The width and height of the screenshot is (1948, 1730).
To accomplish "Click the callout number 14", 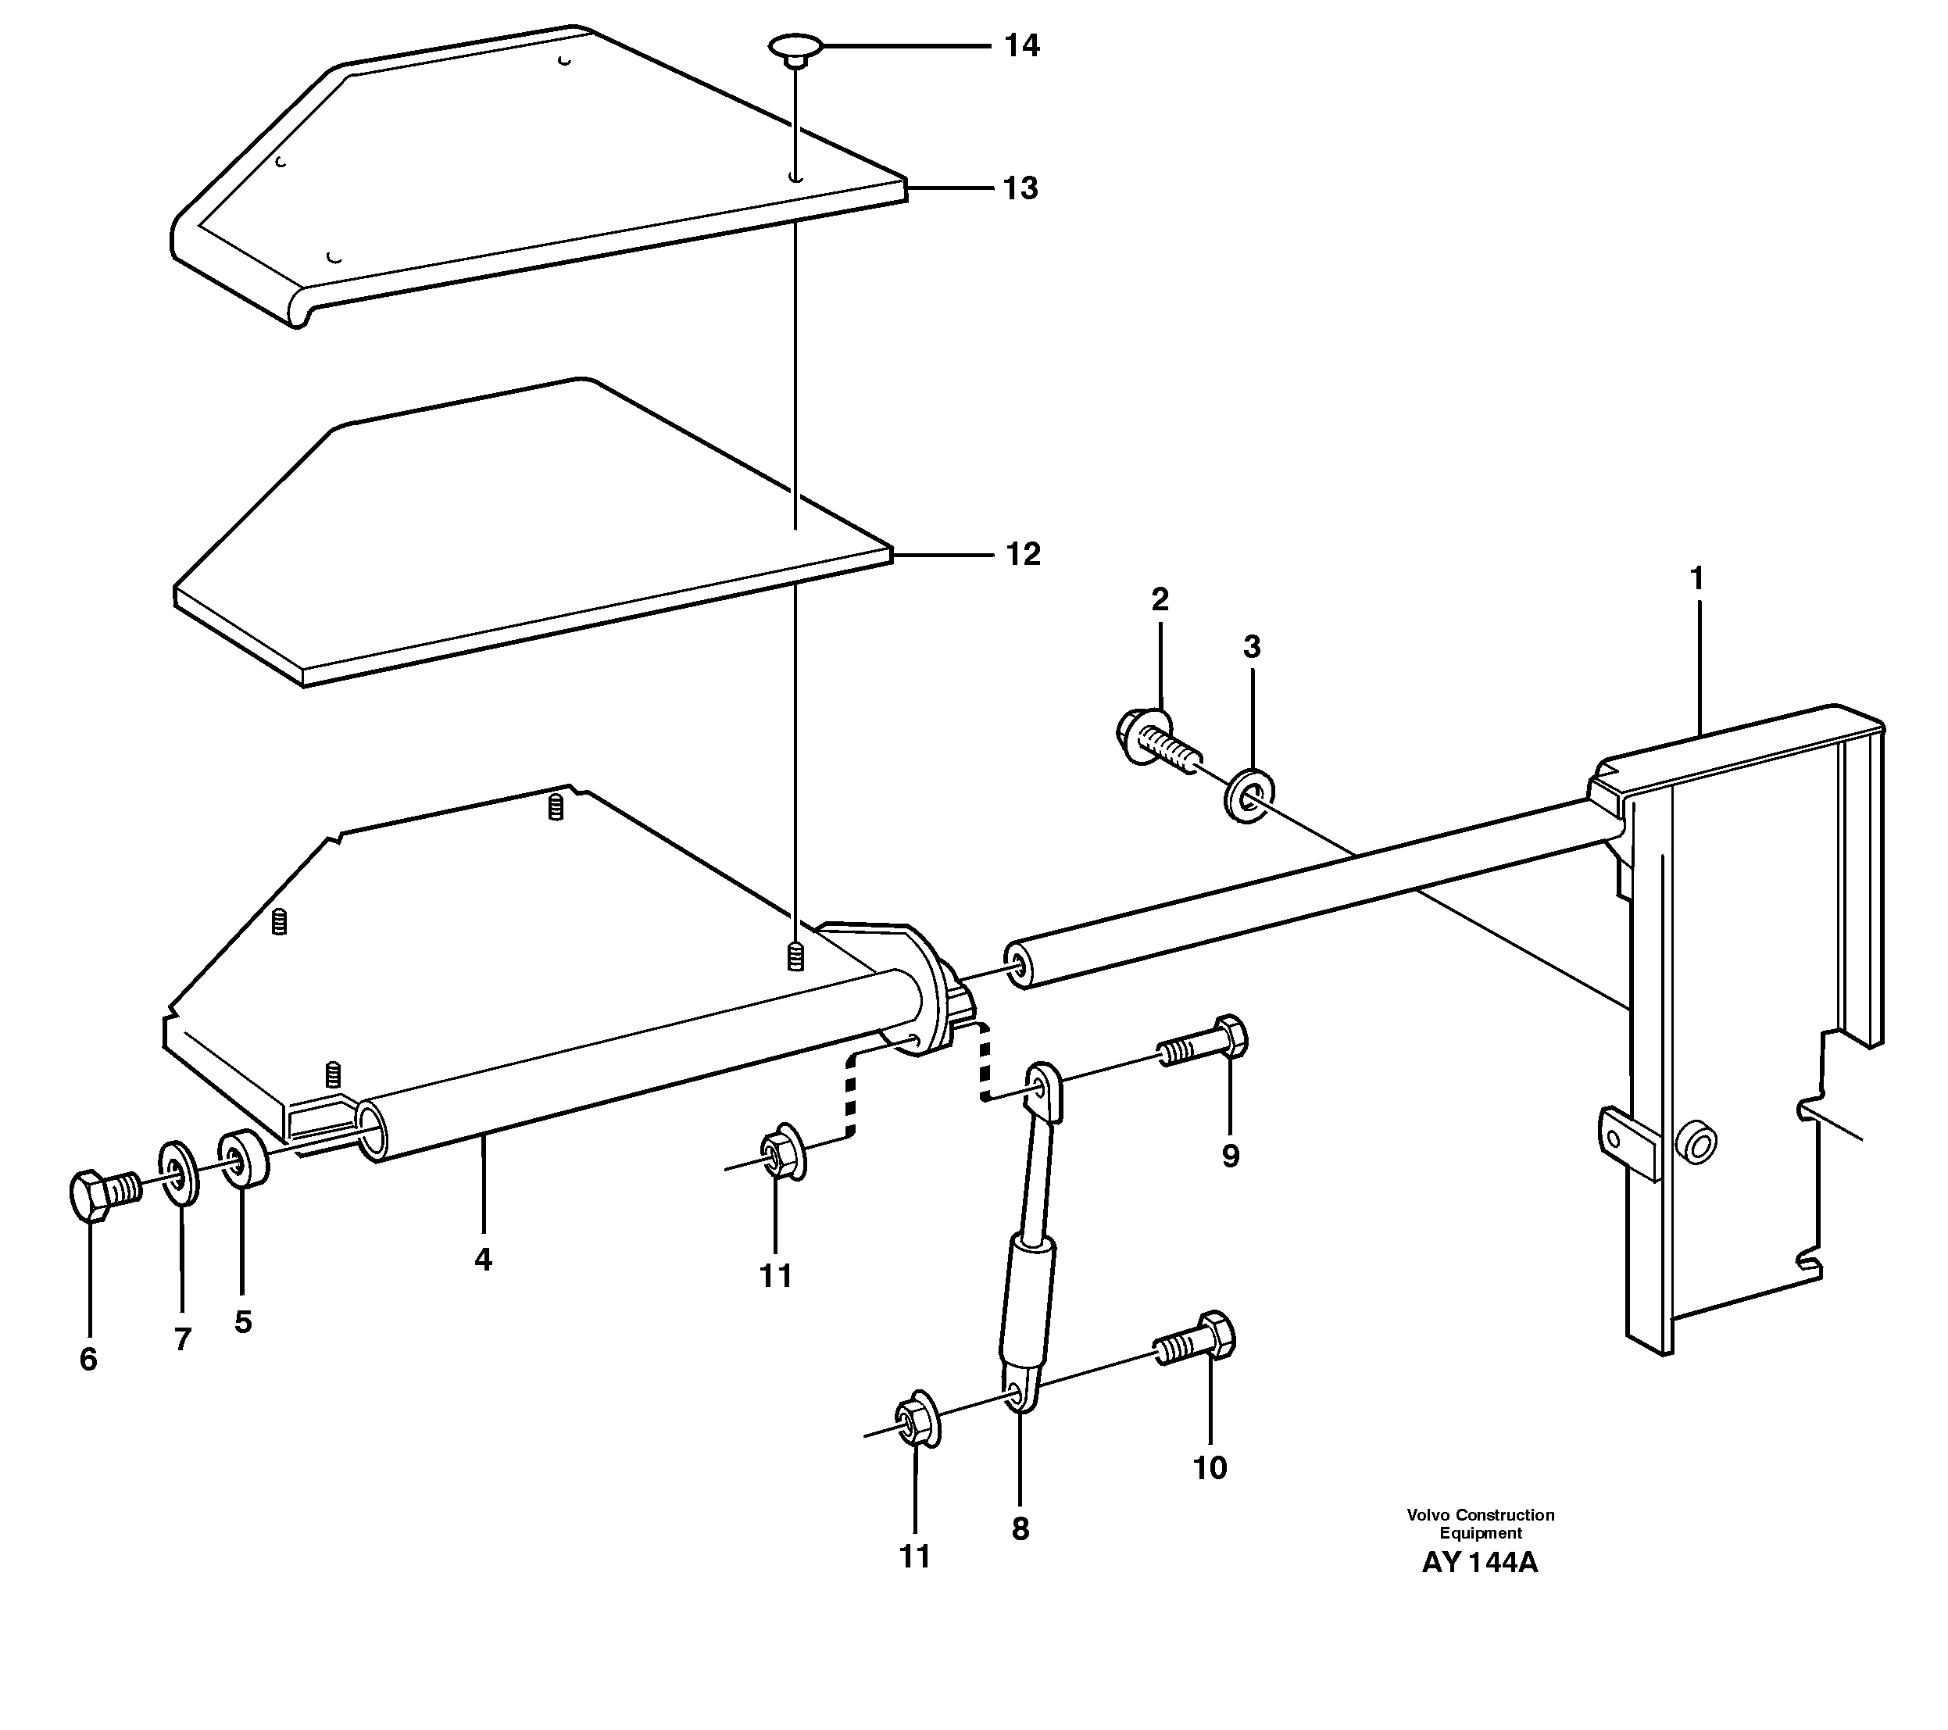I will pyautogui.click(x=1021, y=46).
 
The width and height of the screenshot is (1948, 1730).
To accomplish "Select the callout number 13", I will pyautogui.click(x=1020, y=189).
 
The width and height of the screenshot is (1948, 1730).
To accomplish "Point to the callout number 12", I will pyautogui.click(x=1023, y=554).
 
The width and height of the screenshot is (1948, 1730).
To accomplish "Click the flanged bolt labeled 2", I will pyautogui.click(x=1153, y=738).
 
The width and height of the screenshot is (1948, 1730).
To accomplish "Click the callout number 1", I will pyautogui.click(x=1696, y=577).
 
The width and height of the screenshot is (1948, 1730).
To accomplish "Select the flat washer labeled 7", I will pyautogui.click(x=178, y=1171).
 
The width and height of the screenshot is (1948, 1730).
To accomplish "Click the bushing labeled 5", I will pyautogui.click(x=244, y=1158).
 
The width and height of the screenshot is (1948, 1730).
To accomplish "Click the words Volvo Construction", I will pyautogui.click(x=1480, y=1514).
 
